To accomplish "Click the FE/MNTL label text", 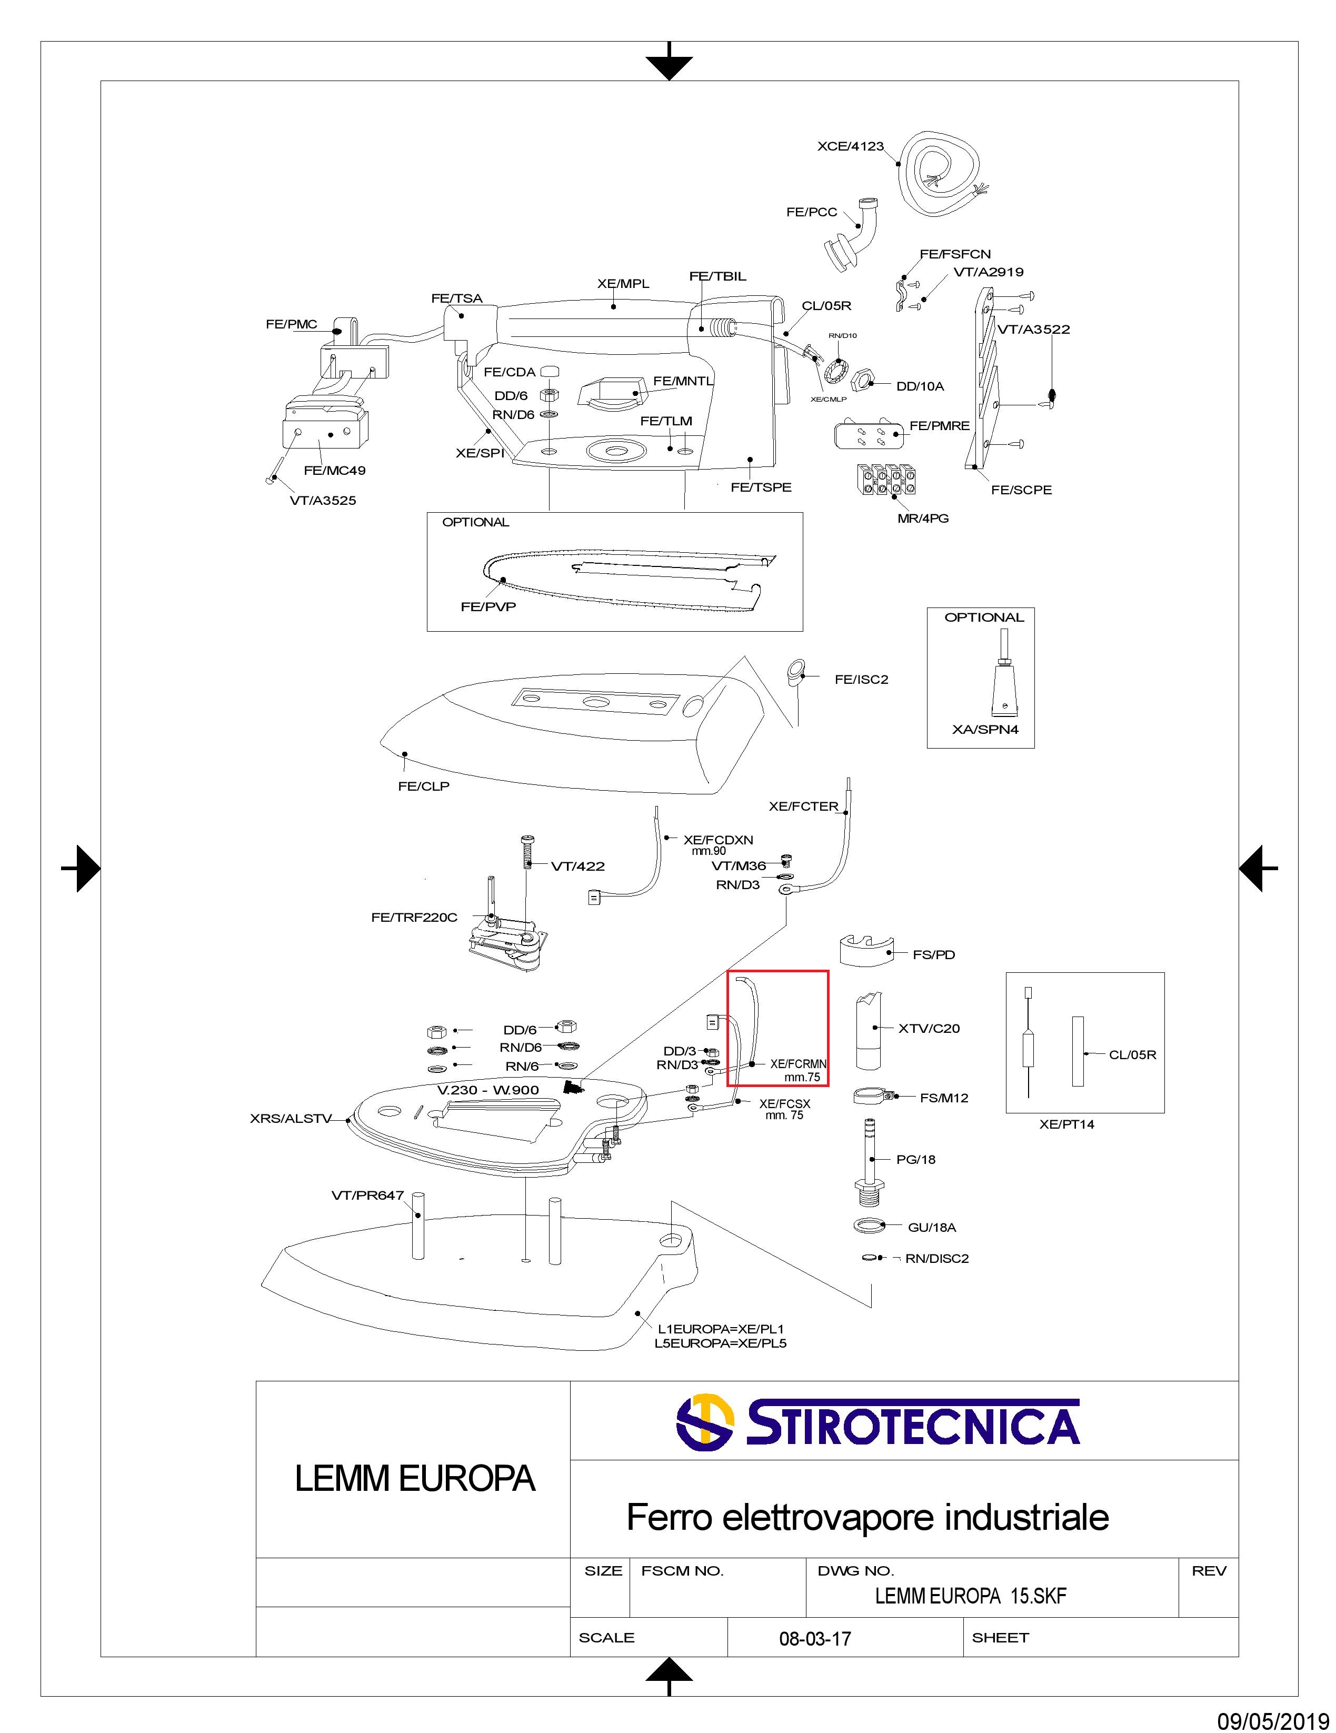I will tap(683, 381).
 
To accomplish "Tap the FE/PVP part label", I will tap(488, 607).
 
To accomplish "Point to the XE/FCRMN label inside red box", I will tap(798, 1064).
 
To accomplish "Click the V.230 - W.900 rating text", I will tap(488, 1090).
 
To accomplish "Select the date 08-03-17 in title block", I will tap(815, 1639).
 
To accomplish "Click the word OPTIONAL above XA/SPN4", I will tap(984, 617).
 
